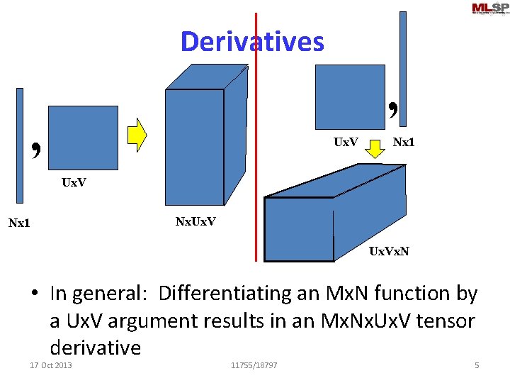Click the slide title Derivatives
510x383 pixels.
(x=252, y=42)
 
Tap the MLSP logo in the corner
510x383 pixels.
(x=490, y=9)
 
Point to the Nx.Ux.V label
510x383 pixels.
(x=196, y=222)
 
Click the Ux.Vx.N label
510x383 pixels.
(x=389, y=251)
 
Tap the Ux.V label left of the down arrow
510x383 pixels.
(x=346, y=142)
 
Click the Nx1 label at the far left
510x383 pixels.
(x=19, y=224)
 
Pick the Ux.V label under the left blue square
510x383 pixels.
(x=74, y=182)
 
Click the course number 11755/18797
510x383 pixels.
(x=254, y=365)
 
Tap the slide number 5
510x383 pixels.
(x=477, y=365)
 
